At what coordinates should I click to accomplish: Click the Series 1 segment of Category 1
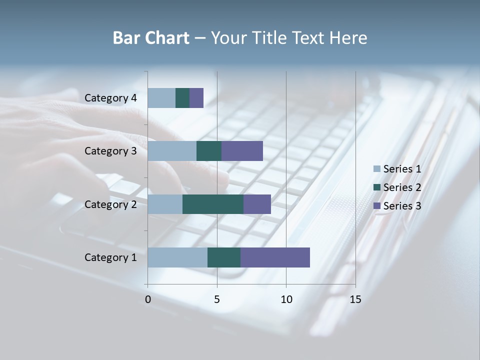[x=177, y=257]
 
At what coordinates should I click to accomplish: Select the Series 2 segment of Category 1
[x=224, y=257]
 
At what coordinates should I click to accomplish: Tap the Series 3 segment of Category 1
[x=275, y=257]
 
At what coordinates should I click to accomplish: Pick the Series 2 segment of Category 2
[x=213, y=204]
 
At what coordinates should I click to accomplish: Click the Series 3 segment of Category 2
[x=257, y=204]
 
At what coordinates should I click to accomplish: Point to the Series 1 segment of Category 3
[x=172, y=151]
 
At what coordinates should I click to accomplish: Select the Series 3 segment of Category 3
[x=242, y=151]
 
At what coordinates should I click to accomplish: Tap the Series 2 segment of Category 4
[x=182, y=98]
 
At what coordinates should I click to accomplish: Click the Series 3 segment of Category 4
[x=196, y=98]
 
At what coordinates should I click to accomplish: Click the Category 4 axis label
[x=110, y=98]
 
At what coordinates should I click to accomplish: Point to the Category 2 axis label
[x=110, y=204]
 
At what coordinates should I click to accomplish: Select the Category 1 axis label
[x=110, y=257]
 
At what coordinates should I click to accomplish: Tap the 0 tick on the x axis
[x=148, y=299]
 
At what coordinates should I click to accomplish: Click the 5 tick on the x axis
[x=217, y=299]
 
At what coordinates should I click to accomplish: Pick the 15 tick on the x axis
[x=355, y=299]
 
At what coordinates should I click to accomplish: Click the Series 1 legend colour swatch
[x=376, y=169]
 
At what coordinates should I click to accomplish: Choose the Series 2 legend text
[x=402, y=187]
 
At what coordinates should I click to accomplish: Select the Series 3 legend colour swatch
[x=376, y=206]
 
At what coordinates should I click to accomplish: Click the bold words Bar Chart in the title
[x=151, y=38]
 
